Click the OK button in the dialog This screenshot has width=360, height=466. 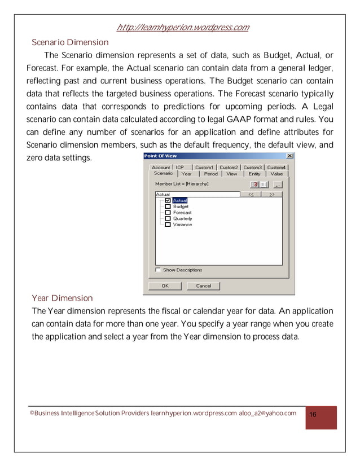click(x=165, y=286)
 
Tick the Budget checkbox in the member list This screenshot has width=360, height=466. click(x=168, y=206)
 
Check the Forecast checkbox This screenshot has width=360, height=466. click(x=168, y=213)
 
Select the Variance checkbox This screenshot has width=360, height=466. click(x=168, y=225)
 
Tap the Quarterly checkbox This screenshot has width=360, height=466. click(x=168, y=218)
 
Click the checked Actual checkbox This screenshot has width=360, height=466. click(x=168, y=200)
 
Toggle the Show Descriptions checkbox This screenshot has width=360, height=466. click(x=158, y=270)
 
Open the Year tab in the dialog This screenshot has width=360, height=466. click(x=186, y=174)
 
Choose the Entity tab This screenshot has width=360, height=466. click(x=254, y=174)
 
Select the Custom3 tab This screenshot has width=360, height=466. click(x=252, y=168)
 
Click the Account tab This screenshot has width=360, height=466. click(x=161, y=168)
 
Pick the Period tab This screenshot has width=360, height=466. click(x=210, y=174)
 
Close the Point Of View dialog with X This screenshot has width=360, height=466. click(x=289, y=156)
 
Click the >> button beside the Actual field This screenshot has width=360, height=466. click(x=271, y=194)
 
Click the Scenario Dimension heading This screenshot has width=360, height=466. click(x=70, y=42)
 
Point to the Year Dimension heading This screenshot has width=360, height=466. click(x=62, y=298)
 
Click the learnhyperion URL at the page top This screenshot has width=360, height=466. click(x=182, y=28)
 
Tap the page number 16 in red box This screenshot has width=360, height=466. click(x=313, y=415)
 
